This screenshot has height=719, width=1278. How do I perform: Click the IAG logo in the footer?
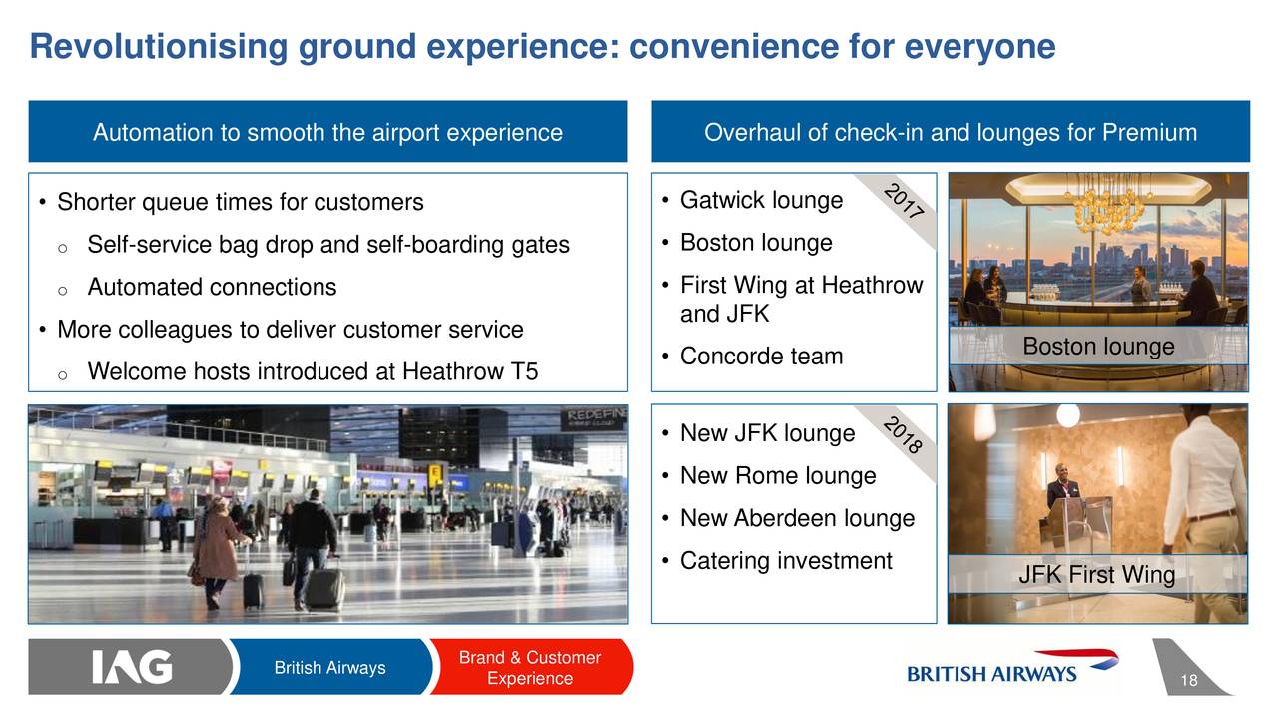(x=132, y=666)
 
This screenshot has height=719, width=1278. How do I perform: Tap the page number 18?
(x=1189, y=680)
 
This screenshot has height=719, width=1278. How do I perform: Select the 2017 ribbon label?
(x=904, y=202)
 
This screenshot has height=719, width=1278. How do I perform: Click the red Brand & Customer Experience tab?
(x=530, y=667)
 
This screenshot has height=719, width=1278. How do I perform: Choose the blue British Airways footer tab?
(x=329, y=667)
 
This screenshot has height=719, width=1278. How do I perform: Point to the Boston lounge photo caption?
(x=1098, y=346)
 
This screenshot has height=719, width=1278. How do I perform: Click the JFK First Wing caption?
(x=1097, y=574)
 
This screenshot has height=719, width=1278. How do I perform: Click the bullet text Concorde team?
(x=761, y=357)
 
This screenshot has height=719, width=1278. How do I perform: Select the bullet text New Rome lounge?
(x=778, y=476)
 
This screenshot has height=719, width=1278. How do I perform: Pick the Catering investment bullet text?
(x=786, y=561)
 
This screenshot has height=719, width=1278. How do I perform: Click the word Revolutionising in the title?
(x=159, y=46)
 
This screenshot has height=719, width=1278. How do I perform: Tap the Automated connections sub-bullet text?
(x=212, y=287)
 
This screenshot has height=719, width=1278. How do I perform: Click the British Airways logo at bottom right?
(x=1012, y=667)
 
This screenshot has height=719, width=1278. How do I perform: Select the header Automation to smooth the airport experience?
(x=328, y=132)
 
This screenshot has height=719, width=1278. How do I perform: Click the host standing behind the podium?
(x=1062, y=485)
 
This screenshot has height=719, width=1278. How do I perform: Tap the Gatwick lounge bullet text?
(x=761, y=200)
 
